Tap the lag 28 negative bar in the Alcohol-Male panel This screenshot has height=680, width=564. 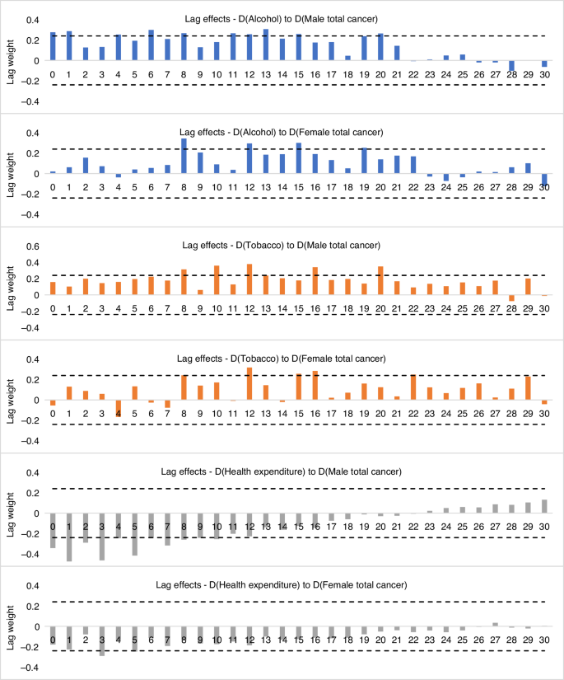click(x=510, y=66)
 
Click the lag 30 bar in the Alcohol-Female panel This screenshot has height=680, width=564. click(x=543, y=180)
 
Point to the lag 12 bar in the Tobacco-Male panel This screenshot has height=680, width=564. click(x=249, y=279)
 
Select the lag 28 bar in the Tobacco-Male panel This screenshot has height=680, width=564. click(x=510, y=298)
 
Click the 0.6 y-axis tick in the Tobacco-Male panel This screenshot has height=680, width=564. click(x=34, y=246)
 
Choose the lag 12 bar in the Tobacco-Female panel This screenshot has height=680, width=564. click(x=249, y=383)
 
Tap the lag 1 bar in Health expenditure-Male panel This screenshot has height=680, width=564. click(x=69, y=537)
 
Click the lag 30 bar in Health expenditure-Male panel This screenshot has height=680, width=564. click(x=543, y=506)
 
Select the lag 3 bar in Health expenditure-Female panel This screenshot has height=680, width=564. click(x=102, y=640)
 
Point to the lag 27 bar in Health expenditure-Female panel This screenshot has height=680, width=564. click(x=494, y=624)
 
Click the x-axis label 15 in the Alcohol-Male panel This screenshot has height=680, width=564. click(x=298, y=74)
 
